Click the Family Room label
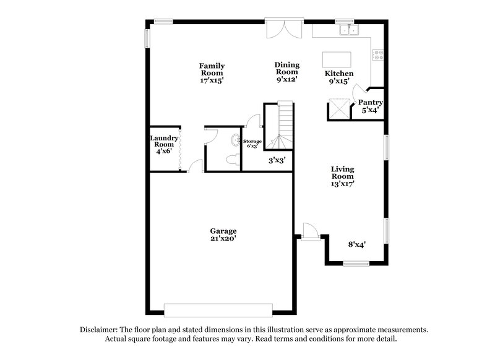[212, 72]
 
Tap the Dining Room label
[287, 72]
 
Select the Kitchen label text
[339, 74]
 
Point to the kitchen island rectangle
[337, 59]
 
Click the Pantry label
[371, 103]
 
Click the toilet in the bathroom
[233, 160]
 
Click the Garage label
[223, 231]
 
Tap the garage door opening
[218, 309]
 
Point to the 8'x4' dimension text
[356, 244]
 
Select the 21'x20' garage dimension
[223, 238]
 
